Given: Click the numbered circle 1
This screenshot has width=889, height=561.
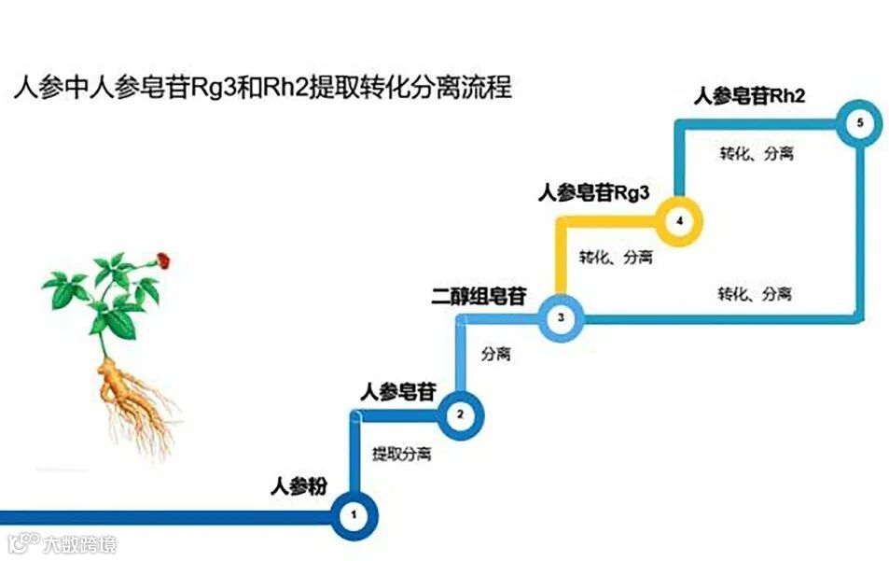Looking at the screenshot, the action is click(354, 514).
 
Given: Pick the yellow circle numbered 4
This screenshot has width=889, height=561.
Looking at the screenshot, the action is click(678, 221).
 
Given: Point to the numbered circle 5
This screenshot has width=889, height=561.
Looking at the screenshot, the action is click(860, 123).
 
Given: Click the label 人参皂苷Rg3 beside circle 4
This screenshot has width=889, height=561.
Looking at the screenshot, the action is click(593, 193).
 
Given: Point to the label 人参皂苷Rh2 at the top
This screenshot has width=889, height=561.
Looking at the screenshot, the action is click(749, 96).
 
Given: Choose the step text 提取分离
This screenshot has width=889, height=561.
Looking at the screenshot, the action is click(401, 455).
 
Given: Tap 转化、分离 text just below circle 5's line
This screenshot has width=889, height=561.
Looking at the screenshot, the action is click(756, 153).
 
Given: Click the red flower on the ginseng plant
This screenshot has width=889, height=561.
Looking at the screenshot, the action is click(162, 259).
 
